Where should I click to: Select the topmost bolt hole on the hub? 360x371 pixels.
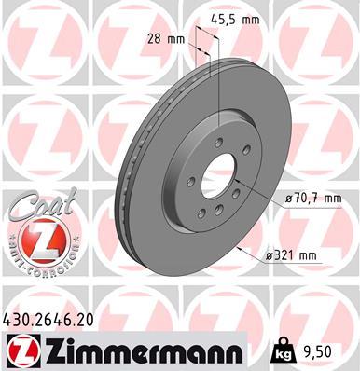(x=219, y=142)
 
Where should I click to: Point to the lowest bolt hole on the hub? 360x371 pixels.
(x=202, y=214)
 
